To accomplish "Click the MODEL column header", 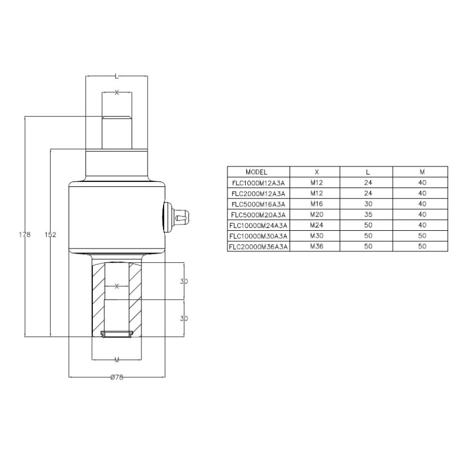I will coord(256,172).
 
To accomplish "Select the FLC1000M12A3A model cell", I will coord(258,182).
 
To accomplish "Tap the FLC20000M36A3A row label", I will coord(258,247).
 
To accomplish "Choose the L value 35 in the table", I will coord(368,214).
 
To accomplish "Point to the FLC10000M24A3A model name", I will coord(258,225).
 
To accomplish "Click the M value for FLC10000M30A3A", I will coord(422,236).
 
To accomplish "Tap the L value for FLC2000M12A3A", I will coord(368,193).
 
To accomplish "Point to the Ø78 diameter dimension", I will coord(116,377).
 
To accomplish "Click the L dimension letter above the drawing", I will coord(116,75).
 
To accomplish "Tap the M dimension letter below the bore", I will coord(116,360).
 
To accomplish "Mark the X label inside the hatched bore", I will coord(116,286).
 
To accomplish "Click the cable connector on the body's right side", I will coord(181,217).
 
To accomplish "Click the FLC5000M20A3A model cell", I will coord(258,214).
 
